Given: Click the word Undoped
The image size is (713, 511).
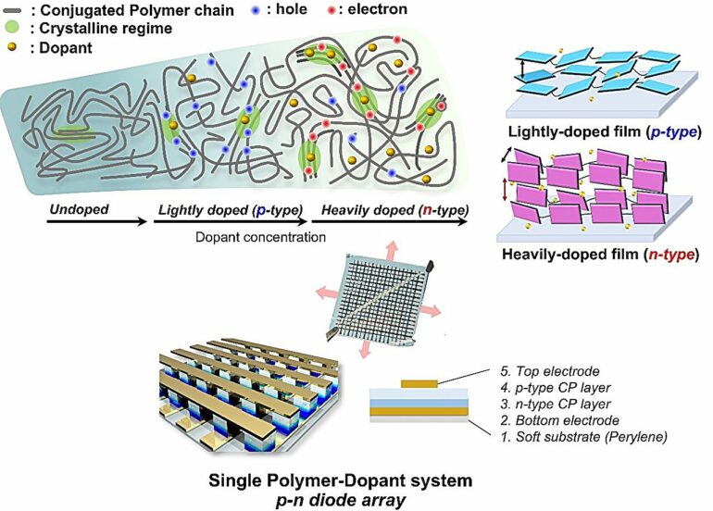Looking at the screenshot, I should point(78,209).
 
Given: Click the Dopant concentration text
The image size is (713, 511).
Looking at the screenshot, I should point(260,237).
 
